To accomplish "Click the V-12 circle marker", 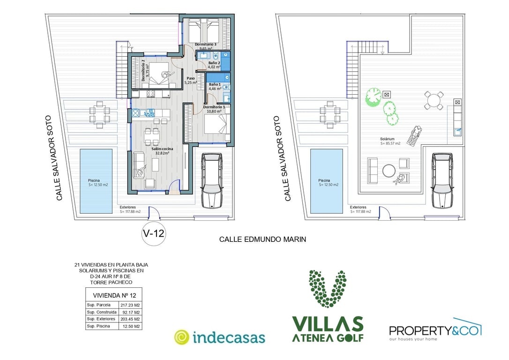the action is point(154,233).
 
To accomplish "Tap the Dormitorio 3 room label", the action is point(205,44).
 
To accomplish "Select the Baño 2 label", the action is point(214,63).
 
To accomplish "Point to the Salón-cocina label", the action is point(162,149).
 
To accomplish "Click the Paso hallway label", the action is point(191,78).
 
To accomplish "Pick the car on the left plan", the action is point(212,180).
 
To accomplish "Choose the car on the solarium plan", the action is point(442,180).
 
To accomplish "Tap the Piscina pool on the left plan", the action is point(96,181).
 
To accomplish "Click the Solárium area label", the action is point(387,139).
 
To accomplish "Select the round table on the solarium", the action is point(389,171).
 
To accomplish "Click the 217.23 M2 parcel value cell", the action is point(130,305).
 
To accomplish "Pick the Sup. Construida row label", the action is point(102,312).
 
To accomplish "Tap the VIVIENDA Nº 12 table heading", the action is point(114,295).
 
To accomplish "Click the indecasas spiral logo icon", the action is point(181,337).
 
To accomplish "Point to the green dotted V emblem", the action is point(328,289).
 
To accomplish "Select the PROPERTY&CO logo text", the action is point(435,331).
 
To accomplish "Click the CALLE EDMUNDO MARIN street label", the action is point(262,240).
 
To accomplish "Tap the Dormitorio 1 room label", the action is point(214,107).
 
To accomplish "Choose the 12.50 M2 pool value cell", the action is point(131,326).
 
